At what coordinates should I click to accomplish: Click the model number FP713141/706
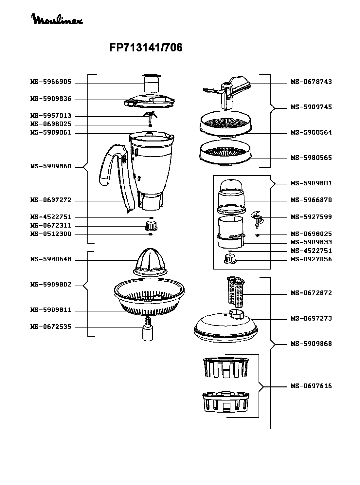click(x=146, y=48)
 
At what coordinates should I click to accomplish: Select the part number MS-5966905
click(x=51, y=82)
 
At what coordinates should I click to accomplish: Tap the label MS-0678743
click(x=311, y=82)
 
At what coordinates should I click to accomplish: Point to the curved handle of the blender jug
click(x=110, y=164)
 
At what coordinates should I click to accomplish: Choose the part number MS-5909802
click(x=51, y=285)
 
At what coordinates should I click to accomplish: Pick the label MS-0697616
click(x=311, y=386)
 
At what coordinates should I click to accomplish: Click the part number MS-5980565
click(x=311, y=158)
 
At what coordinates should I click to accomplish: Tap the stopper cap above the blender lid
click(x=152, y=83)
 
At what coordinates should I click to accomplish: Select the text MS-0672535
click(x=51, y=327)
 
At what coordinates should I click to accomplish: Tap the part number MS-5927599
click(x=311, y=217)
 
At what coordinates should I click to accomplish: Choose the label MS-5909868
click(x=311, y=344)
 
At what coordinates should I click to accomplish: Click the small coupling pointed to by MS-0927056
click(x=230, y=259)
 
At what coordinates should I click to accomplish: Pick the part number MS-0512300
click(x=51, y=234)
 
